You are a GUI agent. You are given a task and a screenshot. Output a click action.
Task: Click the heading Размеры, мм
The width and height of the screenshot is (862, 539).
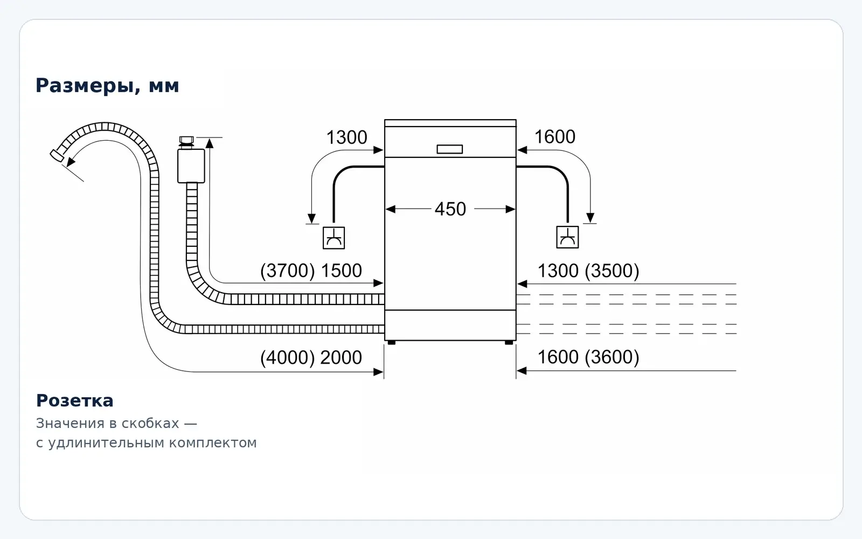(107, 86)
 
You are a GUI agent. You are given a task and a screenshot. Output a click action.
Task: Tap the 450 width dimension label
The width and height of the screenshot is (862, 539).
(450, 209)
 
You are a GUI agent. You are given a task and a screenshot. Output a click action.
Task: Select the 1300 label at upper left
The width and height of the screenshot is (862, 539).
(347, 137)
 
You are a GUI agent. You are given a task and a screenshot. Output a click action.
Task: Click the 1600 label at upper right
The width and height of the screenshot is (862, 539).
(555, 137)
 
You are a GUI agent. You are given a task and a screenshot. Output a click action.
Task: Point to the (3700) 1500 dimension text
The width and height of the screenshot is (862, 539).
(311, 271)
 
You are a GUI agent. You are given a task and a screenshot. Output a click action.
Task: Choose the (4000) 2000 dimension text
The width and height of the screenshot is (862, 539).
(311, 358)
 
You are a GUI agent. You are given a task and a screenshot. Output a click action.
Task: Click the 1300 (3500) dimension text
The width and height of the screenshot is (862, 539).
(588, 271)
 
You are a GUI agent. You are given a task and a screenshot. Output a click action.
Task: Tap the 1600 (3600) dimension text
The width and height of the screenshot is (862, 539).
(588, 357)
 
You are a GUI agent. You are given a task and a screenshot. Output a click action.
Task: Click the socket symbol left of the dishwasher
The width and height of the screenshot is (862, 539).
(333, 238)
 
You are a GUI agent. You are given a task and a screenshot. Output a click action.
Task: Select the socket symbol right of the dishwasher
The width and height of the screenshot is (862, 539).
(568, 237)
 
